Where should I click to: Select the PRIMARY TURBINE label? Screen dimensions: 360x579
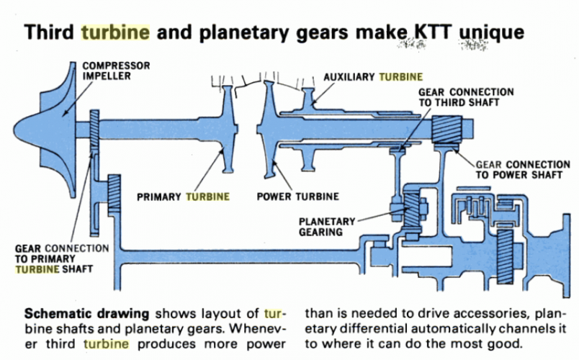click(185, 196)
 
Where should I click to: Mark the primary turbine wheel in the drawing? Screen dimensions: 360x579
click(229, 126)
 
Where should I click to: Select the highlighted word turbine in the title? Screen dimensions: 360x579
click(115, 32)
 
